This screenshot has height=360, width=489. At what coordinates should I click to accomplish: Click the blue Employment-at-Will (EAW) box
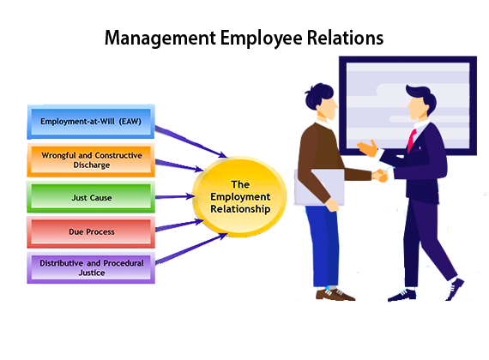pos(91,122)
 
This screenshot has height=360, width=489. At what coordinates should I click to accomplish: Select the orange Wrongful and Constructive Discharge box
pos(91,160)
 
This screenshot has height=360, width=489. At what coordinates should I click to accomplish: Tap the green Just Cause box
pos(91,197)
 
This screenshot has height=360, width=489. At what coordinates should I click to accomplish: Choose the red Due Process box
pos(91,232)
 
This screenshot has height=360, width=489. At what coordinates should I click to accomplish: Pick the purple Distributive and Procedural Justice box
pos(91,267)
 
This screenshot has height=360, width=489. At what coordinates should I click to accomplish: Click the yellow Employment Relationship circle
pos(239,196)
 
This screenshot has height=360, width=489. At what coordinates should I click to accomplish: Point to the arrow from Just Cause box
pos(175,196)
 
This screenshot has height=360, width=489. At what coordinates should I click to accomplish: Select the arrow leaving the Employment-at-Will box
pos(191,141)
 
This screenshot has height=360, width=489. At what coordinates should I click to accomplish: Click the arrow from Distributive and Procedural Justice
pos(191,248)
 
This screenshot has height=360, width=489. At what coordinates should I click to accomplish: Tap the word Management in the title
pos(160,39)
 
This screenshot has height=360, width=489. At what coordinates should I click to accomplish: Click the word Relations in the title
pos(345,38)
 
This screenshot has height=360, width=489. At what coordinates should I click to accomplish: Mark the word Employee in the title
pos(262,39)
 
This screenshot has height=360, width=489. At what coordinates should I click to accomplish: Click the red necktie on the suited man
pos(412,141)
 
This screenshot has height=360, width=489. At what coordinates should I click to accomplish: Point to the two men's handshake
pos(380,176)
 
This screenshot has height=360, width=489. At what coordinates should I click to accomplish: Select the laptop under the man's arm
pos(319,188)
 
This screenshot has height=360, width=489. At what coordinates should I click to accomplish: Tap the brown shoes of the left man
pos(335,295)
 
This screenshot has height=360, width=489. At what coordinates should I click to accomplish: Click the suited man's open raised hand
pos(367,148)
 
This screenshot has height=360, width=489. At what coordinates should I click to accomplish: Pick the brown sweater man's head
pos(321,99)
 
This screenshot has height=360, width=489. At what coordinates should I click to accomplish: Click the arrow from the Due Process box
pos(179,225)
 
